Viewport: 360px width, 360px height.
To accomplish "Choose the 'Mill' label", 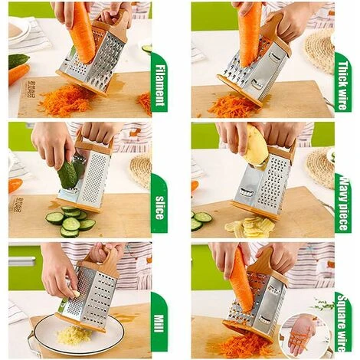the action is coord(159,323).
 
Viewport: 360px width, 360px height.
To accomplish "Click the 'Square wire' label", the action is coord(342,322).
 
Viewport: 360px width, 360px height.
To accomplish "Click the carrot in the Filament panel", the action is coord(82,32).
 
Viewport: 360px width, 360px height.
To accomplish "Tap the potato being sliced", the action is coord(256,145).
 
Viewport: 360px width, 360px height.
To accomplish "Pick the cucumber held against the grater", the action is coord(67,175).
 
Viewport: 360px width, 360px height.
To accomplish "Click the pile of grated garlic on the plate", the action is coord(74,335).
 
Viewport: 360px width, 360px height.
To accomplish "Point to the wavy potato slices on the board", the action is coord(250,225).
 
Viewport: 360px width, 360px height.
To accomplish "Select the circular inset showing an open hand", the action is coord(300,335).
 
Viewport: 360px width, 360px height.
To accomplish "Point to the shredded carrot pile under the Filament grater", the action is coord(67,100).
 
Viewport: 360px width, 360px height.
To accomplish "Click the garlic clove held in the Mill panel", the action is coord(76,293).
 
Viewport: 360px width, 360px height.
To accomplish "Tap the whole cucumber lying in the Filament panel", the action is coord(18,61).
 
